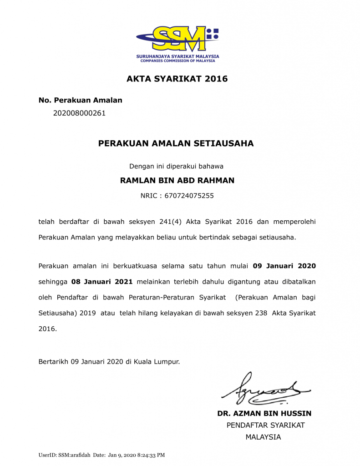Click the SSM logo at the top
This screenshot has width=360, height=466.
(177, 39)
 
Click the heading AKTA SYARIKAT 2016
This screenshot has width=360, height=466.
(177, 79)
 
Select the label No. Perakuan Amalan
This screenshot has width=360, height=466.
(81, 100)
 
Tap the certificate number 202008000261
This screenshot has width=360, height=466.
(79, 113)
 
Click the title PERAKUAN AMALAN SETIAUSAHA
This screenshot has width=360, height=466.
(176, 143)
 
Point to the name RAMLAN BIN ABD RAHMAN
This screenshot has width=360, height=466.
(177, 180)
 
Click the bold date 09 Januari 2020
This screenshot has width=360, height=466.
(284, 265)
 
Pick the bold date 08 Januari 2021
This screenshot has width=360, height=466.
(102, 282)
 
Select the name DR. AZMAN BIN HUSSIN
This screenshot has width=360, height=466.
(264, 414)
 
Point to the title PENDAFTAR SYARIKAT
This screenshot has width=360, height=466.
(266, 425)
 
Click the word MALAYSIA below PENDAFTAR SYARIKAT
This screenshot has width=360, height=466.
(263, 437)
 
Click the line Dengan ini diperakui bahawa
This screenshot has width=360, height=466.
(176, 166)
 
